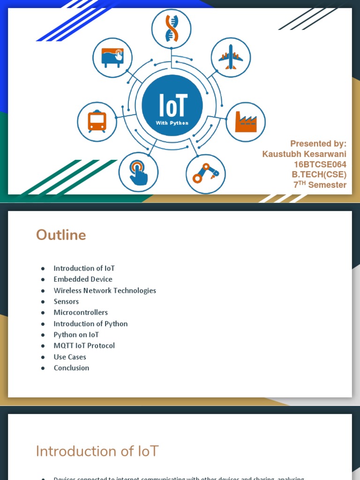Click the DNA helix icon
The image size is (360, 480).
click(171, 28)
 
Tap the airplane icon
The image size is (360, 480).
click(231, 58)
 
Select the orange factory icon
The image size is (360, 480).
click(246, 122)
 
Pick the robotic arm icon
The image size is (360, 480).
click(206, 174)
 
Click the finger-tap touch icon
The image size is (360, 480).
click(138, 172)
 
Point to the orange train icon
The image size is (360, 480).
click(97, 121)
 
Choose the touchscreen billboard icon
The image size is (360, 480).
click(112, 58)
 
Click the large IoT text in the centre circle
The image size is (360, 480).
click(172, 106)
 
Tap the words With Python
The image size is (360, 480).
click(172, 123)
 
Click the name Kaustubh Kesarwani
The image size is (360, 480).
click(304, 154)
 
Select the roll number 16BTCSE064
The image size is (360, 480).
click(320, 165)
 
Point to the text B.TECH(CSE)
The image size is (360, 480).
click(319, 175)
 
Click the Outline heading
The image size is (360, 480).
click(61, 235)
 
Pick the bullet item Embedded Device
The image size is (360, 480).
click(83, 279)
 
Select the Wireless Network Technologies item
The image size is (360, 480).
click(105, 291)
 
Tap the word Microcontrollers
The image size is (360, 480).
click(81, 313)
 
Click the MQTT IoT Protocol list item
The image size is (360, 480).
click(84, 346)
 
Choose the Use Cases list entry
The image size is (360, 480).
click(70, 357)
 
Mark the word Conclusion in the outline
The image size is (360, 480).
click(71, 368)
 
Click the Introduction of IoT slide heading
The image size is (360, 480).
click(97, 451)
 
